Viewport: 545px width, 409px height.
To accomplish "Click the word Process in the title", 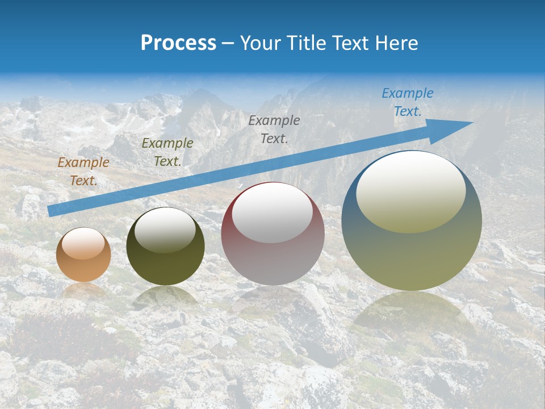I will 178,43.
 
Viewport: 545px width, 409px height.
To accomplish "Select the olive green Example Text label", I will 167,152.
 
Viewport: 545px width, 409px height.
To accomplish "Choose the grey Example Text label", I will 274,129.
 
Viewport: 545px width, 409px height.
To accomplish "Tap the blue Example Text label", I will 408,102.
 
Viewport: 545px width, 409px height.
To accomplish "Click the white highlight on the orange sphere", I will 83,243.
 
